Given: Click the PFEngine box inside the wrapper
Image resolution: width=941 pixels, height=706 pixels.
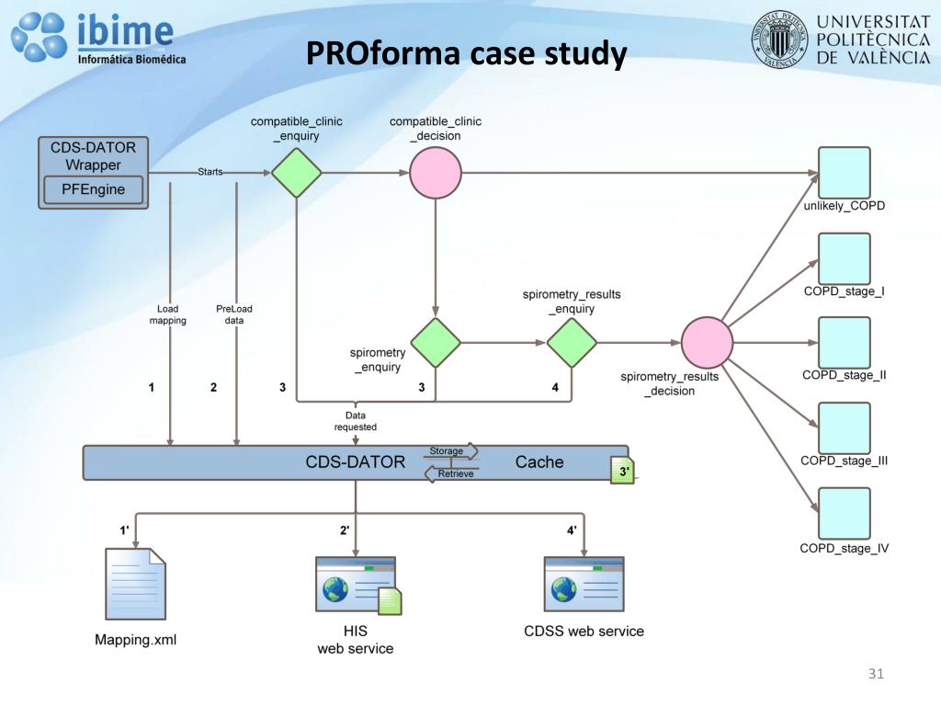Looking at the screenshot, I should point(94,190).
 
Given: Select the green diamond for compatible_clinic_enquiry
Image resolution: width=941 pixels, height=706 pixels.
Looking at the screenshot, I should point(296,173).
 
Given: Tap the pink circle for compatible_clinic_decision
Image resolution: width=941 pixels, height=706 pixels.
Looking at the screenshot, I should point(435,173).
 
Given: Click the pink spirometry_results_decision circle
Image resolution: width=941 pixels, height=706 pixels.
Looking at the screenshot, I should point(707,343).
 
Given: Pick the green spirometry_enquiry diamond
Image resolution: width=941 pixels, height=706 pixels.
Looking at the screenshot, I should point(435,343).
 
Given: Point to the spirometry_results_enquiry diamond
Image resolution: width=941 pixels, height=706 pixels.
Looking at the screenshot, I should point(572,343).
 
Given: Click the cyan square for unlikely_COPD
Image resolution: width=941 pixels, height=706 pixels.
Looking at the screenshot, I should point(844,173).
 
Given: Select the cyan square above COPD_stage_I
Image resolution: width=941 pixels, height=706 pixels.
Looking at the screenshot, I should point(844,258).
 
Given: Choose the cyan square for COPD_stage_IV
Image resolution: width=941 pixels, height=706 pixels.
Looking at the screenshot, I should point(844,513).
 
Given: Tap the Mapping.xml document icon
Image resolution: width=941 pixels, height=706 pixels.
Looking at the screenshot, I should point(136,586).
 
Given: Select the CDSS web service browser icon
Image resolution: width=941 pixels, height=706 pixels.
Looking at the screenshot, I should point(584,585).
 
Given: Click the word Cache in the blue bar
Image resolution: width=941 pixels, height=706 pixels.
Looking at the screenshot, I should point(539,461).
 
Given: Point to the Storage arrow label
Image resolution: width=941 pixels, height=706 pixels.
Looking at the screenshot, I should point(448,451).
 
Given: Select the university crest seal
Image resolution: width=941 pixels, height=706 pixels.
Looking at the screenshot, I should point(780,40).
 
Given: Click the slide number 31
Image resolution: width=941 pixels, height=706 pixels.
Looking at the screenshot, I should point(876,675).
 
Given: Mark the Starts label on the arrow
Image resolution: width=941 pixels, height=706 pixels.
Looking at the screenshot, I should point(210,172).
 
